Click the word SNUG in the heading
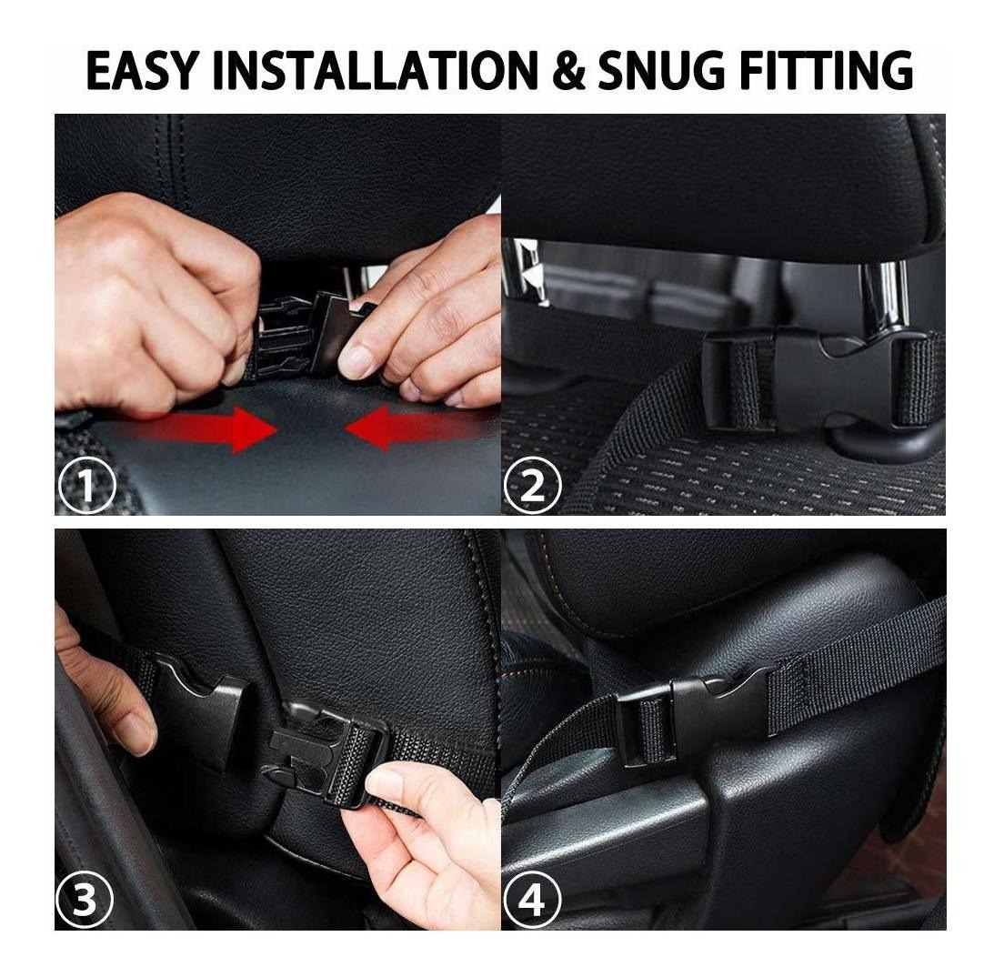coord(662,70)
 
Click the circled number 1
coord(86,487)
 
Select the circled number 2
coord(533,487)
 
